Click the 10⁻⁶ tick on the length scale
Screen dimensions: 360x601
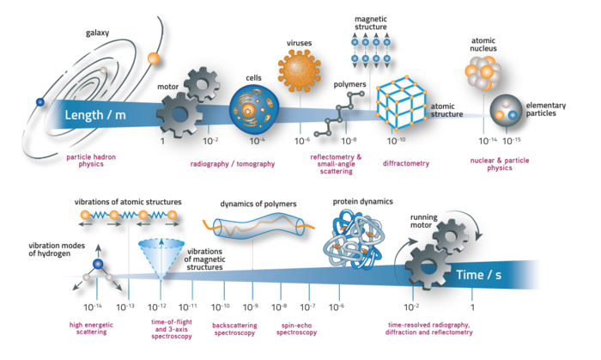(301, 140)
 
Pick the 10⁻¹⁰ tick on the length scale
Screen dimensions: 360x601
(397, 140)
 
